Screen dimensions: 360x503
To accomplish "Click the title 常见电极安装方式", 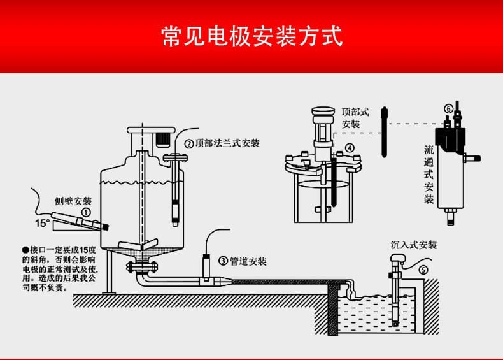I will pos(251,36).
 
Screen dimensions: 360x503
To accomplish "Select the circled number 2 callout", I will pos(189,143).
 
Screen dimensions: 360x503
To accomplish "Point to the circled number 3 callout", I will pos(223,261).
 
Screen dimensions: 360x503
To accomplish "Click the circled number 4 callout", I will pos(349,148).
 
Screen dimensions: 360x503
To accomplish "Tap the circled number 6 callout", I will pos(448,109).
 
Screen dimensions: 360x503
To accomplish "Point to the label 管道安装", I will pos(248,261).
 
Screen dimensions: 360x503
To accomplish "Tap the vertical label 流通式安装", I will pos(429,173).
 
